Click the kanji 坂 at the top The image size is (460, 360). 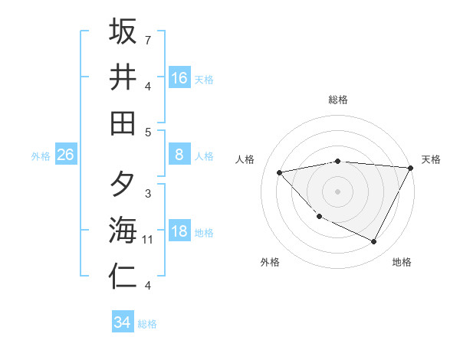pyautogui.click(x=123, y=32)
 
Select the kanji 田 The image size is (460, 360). pyautogui.click(x=123, y=123)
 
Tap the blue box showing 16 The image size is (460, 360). pyautogui.click(x=179, y=78)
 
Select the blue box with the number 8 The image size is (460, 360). pyautogui.click(x=179, y=155)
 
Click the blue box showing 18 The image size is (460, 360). pyautogui.click(x=179, y=231)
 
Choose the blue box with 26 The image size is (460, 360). pyautogui.click(x=65, y=155)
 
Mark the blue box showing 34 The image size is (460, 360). pyautogui.click(x=122, y=322)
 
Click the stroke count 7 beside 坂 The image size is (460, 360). pyautogui.click(x=147, y=39)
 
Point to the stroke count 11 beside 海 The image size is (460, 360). pyautogui.click(x=147, y=240)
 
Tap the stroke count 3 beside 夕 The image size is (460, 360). pyautogui.click(x=147, y=194)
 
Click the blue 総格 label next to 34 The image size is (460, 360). pyautogui.click(x=147, y=324)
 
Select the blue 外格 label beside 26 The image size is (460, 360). pyautogui.click(x=41, y=156)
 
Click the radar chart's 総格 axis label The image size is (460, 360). pyautogui.click(x=338, y=100)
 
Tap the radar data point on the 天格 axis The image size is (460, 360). pyautogui.click(x=411, y=168)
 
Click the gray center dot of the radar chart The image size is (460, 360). pyautogui.click(x=338, y=191)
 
